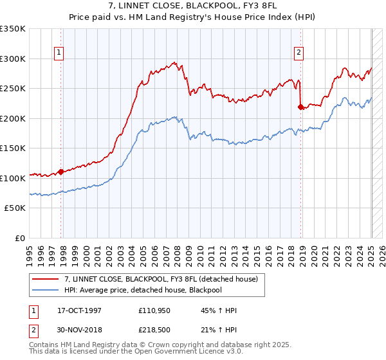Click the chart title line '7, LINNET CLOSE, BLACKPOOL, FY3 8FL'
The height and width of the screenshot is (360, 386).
192,6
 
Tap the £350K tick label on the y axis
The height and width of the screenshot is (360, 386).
13,29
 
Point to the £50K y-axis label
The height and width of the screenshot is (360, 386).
15,208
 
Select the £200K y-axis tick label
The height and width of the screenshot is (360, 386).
13,118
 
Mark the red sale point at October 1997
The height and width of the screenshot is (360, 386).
61,172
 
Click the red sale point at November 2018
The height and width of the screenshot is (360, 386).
300,107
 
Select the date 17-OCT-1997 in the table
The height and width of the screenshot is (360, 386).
79,310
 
